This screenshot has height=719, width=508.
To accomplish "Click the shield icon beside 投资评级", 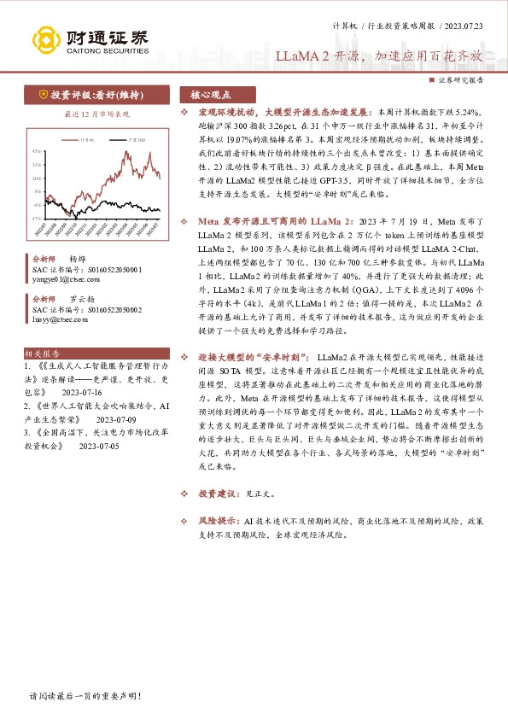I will point(43,96).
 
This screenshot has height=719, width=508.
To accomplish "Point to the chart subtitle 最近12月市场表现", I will point(97,114).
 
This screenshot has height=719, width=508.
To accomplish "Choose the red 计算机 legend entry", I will point(84,137).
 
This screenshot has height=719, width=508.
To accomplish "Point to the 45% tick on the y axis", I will point(37,151).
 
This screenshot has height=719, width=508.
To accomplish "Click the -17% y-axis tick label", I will point(37,219).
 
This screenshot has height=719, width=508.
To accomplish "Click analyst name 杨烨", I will point(78,257).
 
